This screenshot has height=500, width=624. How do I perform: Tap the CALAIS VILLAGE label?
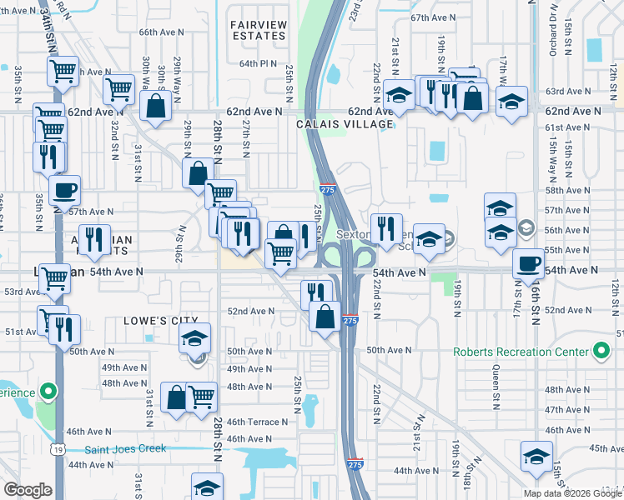345,124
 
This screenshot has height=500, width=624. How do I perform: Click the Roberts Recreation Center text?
521,352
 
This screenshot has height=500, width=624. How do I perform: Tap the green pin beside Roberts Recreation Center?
600,351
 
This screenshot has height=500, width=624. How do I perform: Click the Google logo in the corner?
28,490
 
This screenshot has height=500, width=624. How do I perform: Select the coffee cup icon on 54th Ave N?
526,262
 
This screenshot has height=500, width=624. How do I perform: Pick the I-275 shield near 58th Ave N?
328,190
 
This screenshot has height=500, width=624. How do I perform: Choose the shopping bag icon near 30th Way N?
156,106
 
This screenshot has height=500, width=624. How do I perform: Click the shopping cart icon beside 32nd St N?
119,87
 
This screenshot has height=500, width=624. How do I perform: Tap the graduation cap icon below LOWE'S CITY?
196,337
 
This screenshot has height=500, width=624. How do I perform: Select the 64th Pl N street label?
257,63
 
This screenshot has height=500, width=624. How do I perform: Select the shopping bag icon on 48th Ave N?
176,397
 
